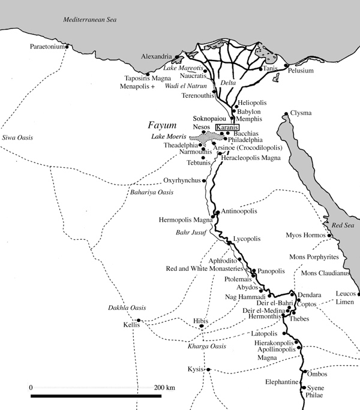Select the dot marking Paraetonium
[x=68, y=46]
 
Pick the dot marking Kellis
[x=139, y=321]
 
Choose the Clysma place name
[x=301, y=113]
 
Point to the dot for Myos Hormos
[x=329, y=236]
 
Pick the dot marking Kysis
[x=209, y=369]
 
